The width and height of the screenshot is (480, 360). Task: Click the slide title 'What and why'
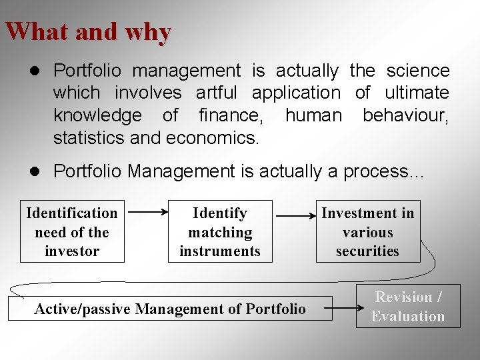88,31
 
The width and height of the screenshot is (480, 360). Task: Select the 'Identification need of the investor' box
72,231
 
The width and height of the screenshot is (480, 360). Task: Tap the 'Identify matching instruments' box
220,231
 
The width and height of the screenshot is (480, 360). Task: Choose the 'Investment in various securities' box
368,231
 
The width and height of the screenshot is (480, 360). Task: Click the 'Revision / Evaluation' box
408,307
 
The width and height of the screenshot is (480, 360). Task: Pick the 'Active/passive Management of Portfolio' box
170,309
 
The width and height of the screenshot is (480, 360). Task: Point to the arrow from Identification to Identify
147,213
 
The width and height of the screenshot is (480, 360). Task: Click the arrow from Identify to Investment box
295,216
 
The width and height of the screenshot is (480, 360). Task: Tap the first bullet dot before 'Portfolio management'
39,71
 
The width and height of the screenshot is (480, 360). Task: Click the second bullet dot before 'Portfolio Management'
39,171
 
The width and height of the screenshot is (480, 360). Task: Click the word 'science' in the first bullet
417,70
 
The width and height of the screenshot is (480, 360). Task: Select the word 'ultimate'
417,93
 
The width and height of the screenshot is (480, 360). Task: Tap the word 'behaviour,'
405,115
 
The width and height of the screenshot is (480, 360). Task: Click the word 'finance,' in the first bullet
231,115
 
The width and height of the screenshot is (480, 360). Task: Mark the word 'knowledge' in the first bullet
97,115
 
